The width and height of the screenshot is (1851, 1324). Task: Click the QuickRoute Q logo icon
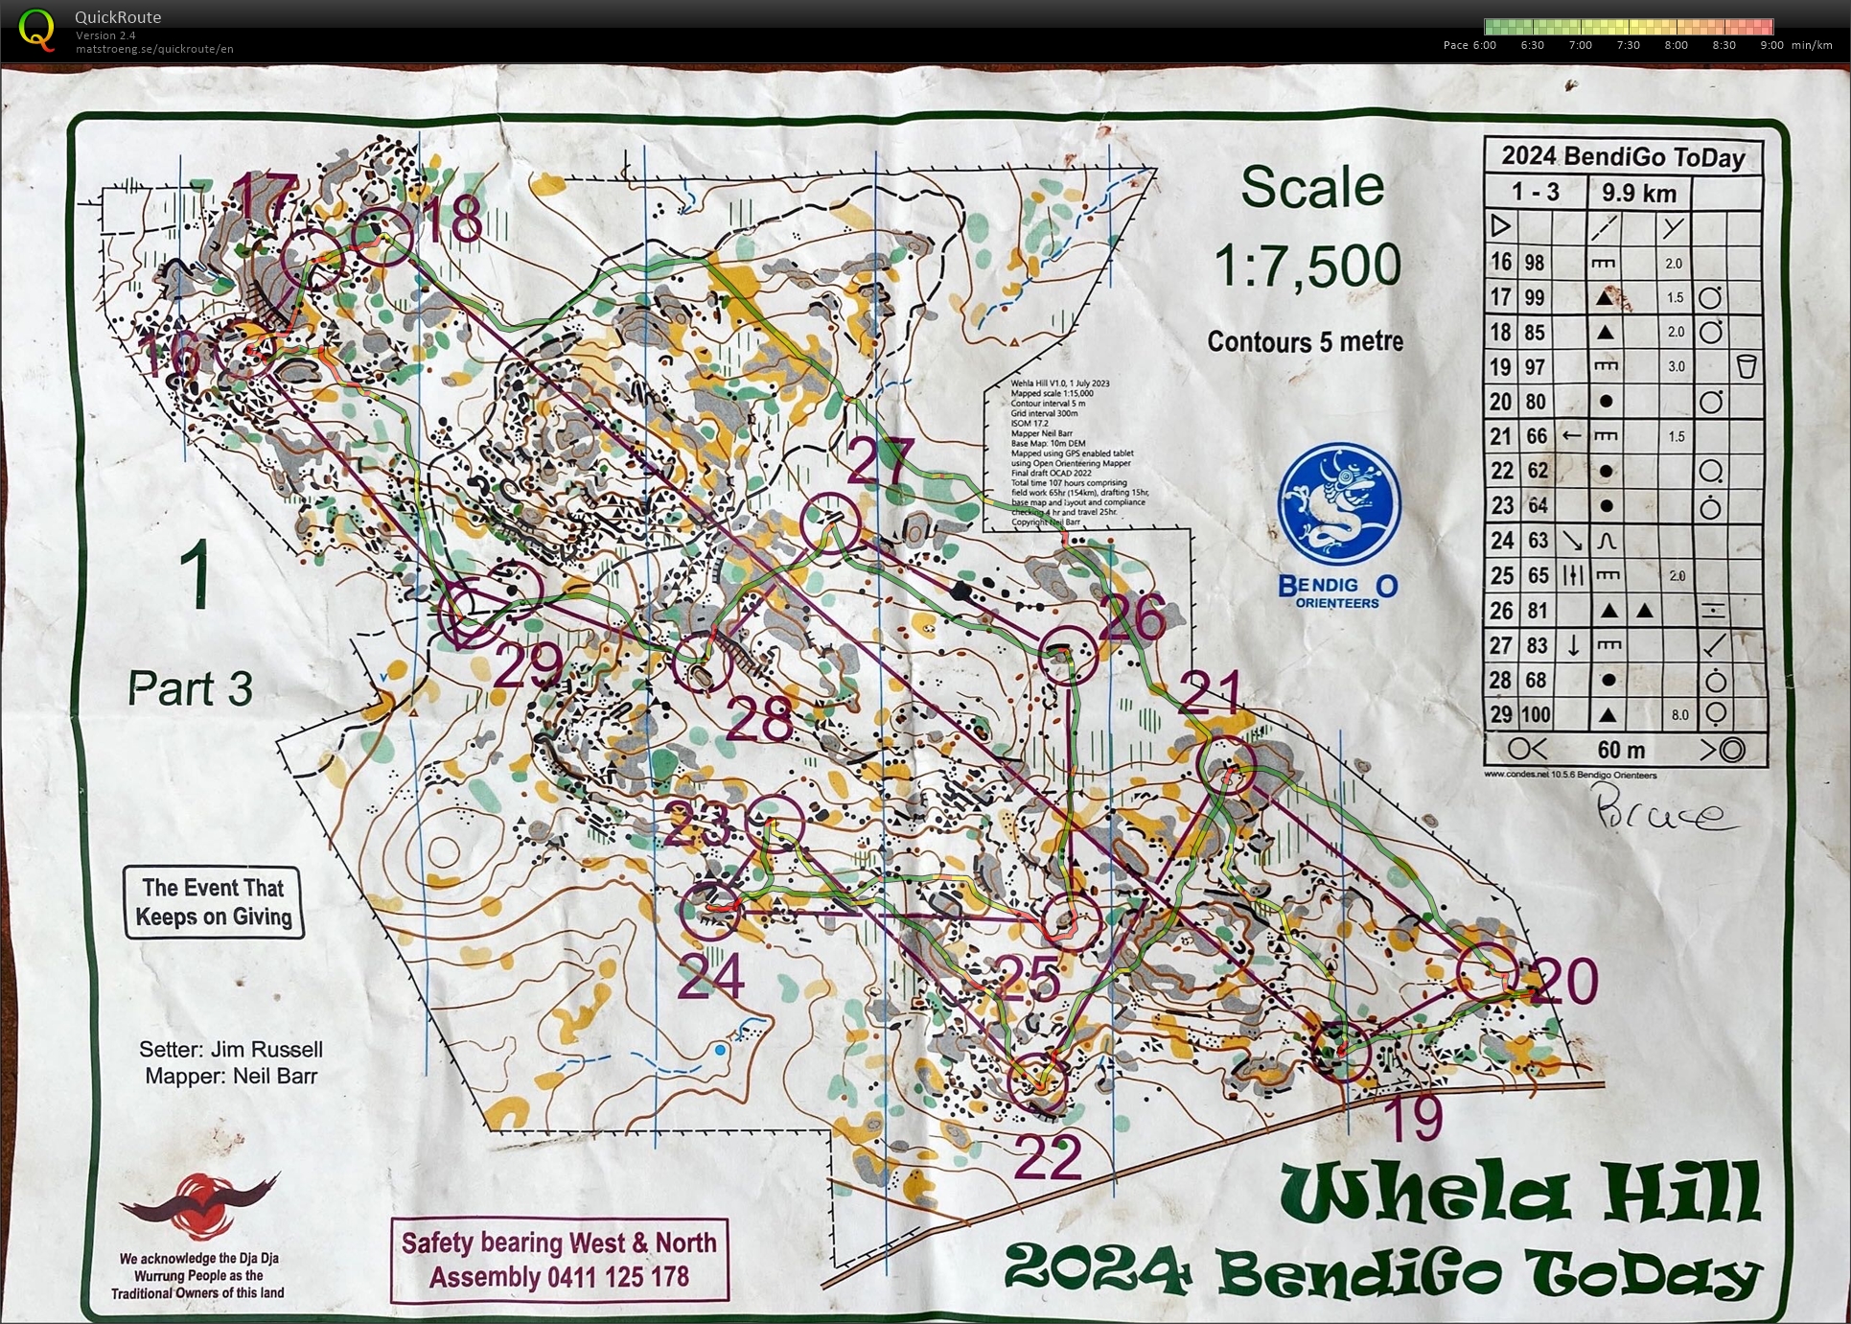36,29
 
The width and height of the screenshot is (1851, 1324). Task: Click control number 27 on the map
881,461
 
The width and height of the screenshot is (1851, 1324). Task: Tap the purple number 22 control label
1047,1157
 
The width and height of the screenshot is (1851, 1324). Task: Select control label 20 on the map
1563,981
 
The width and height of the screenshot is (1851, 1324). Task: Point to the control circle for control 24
710,910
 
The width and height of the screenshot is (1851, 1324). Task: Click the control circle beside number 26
1068,655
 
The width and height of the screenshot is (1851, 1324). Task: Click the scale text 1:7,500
1307,266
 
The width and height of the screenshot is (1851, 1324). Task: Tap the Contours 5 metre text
1305,341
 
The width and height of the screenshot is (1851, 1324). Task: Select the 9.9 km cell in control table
1638,193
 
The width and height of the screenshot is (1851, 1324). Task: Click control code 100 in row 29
1536,714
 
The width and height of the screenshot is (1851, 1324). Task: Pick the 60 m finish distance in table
1621,750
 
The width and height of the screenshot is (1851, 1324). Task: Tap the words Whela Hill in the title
1520,1192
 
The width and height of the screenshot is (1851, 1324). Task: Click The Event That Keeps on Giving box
213,902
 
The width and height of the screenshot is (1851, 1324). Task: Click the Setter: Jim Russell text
230,1049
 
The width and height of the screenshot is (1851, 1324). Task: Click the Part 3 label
190,688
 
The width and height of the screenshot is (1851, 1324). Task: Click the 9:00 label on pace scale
1771,45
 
